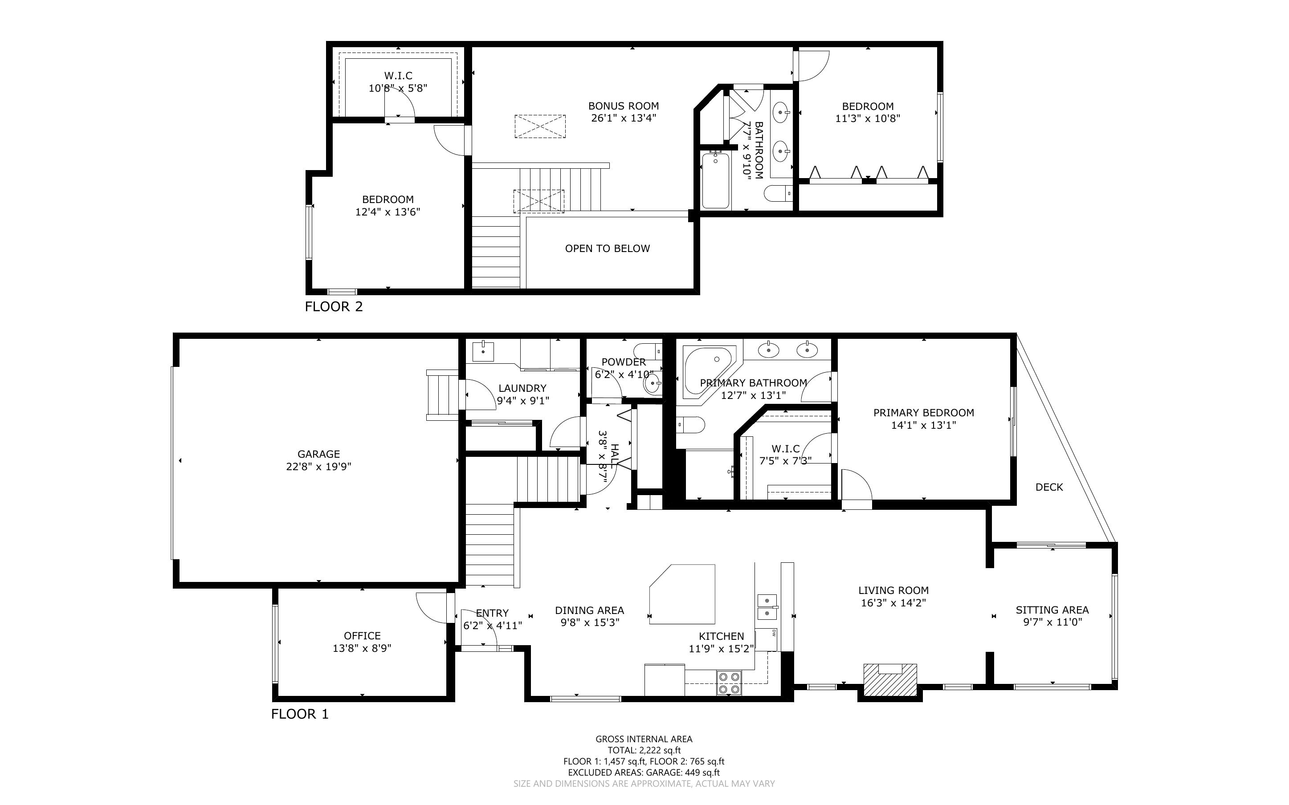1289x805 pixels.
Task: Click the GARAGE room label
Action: [318, 454]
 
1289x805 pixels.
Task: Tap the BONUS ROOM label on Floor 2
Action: [624, 106]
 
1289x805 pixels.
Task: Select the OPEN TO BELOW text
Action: [608, 248]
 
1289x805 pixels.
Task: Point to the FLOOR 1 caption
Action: [300, 714]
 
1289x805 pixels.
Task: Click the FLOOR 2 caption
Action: [334, 307]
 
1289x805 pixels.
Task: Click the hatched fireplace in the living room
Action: [889, 679]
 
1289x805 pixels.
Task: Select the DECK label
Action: [1049, 487]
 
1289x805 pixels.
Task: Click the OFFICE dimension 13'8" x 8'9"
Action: [362, 648]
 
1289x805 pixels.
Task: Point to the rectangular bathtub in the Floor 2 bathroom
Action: [716, 180]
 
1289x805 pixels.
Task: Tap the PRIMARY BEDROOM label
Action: [924, 413]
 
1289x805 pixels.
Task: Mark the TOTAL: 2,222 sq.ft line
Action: [644, 751]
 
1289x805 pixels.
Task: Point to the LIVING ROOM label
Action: [893, 590]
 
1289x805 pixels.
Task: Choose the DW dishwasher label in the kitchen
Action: [774, 633]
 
